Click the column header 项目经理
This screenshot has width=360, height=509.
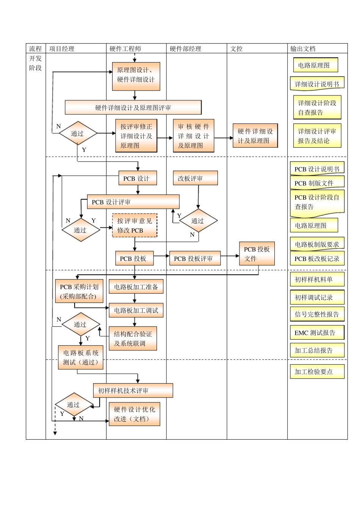coord(62,48)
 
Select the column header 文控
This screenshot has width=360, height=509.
coord(236,48)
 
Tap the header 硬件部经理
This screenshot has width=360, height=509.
coord(185,48)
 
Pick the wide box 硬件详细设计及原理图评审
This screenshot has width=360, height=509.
coord(133,108)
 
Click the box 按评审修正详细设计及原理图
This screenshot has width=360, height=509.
coord(136,136)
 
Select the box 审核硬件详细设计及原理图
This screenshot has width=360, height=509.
coord(193,136)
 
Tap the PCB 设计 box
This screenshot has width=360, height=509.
coord(137,178)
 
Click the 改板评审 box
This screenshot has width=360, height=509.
coord(195,178)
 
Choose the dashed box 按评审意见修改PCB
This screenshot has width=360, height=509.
coord(135,225)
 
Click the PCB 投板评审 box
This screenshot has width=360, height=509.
coord(194,259)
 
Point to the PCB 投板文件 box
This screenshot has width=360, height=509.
coord(257,254)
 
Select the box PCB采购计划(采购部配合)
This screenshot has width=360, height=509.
coord(79,292)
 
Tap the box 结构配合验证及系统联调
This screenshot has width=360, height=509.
coord(133,339)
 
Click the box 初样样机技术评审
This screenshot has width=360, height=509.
coord(133,390)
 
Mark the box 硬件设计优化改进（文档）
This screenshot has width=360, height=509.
coord(135,414)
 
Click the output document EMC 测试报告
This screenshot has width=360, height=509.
coord(317,333)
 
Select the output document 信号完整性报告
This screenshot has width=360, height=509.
coord(317,314)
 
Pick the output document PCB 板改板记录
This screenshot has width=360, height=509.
coord(317,259)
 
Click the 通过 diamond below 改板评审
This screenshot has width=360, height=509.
coord(198,221)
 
